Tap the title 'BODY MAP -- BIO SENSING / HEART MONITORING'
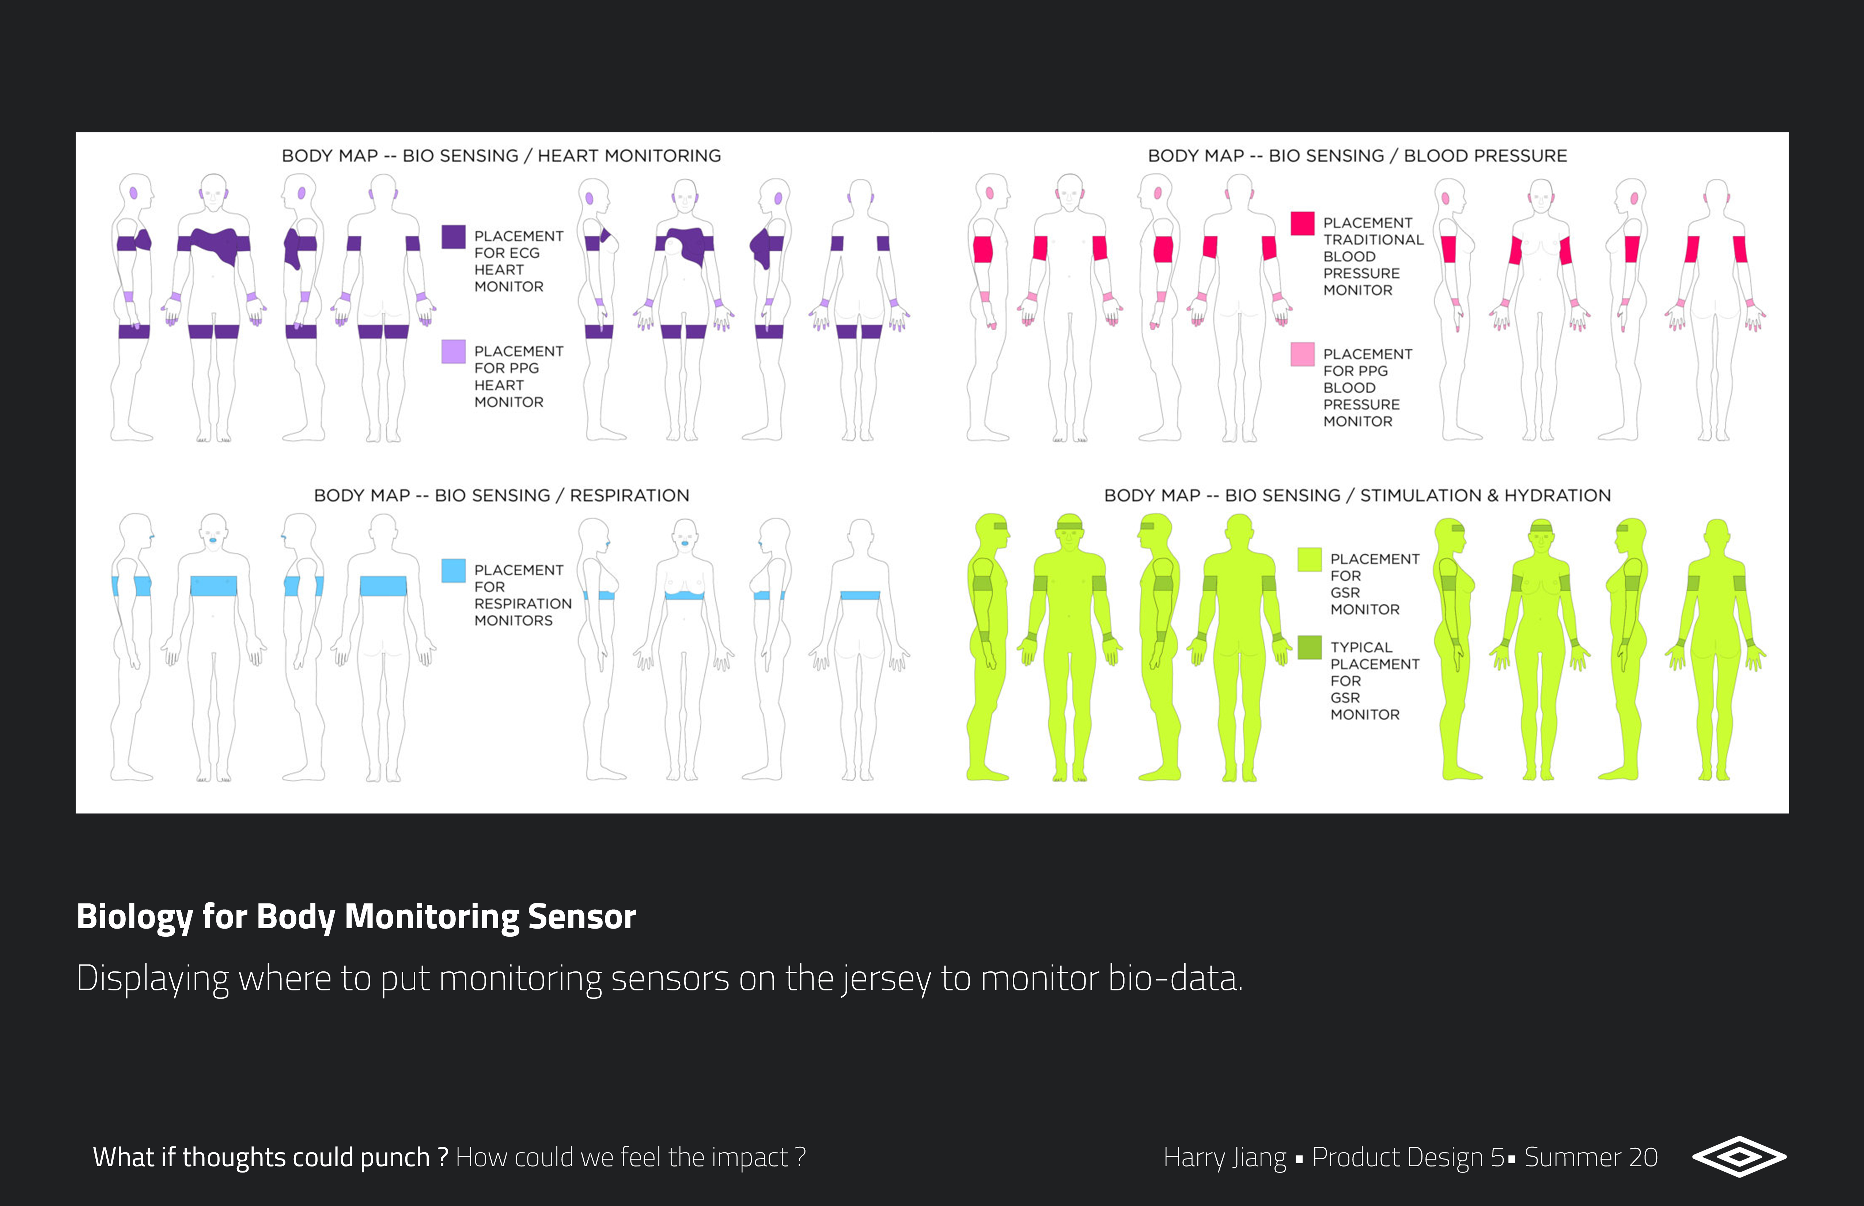(x=501, y=156)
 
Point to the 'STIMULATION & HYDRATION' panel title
(x=1485, y=496)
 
